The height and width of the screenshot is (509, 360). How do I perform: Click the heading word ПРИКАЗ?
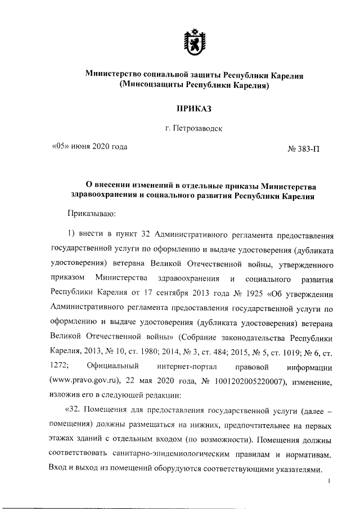[x=194, y=107]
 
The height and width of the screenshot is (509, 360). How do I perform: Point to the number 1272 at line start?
[x=60, y=367]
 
